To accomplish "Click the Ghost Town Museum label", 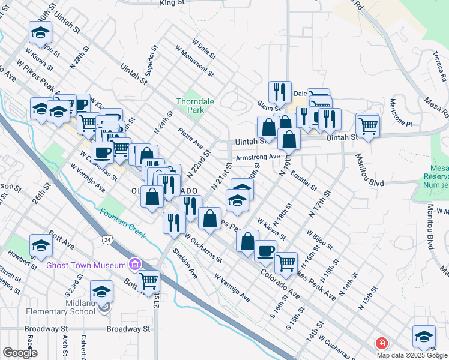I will tap(86, 264).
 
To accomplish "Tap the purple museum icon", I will tap(135, 264).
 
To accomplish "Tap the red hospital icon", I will tap(381, 344).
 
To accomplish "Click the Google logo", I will tap(20, 353).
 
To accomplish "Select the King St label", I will tap(172, 3).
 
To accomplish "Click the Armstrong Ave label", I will tap(258, 157).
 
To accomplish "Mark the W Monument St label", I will tap(194, 61).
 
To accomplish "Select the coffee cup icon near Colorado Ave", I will tap(265, 251).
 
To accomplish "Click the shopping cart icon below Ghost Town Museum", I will tap(148, 280).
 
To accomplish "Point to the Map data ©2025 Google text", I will tap(412, 355).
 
